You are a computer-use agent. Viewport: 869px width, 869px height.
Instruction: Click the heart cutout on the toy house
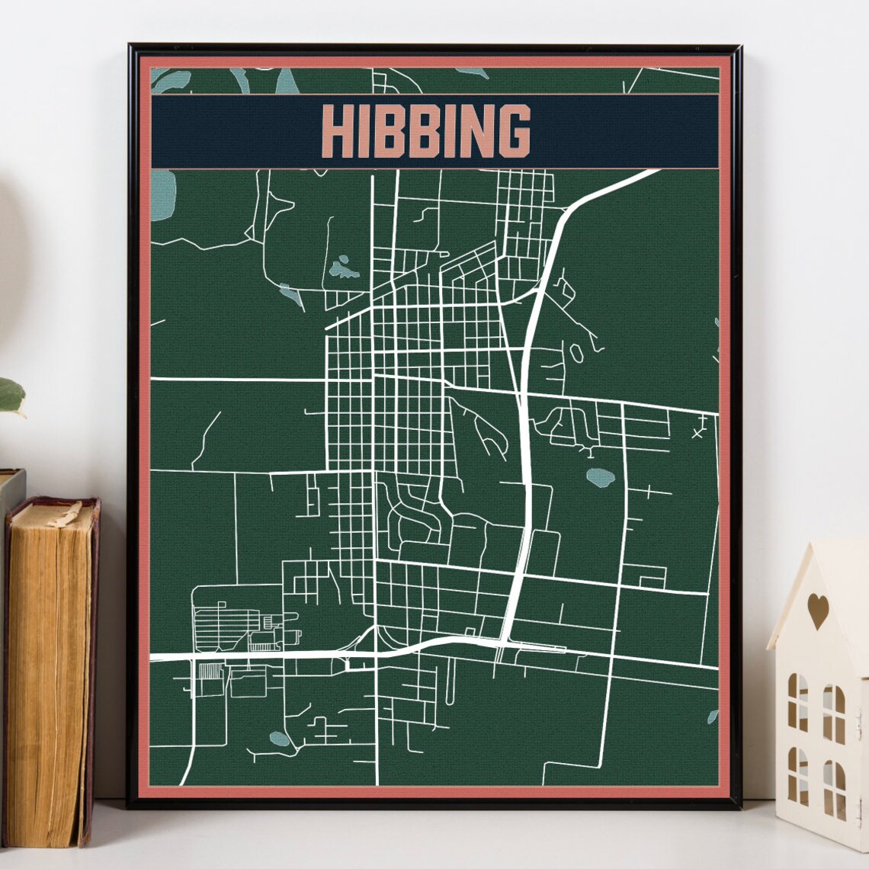pyautogui.click(x=818, y=611)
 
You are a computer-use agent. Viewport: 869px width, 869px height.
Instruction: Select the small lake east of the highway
pyautogui.click(x=601, y=478)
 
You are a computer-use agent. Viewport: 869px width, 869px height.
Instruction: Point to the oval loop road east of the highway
pyautogui.click(x=578, y=353)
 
